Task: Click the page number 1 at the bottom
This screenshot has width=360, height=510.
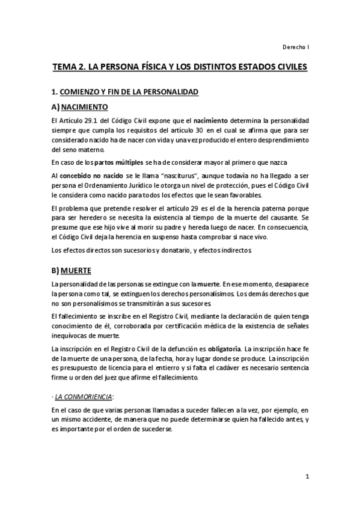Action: coord(307,477)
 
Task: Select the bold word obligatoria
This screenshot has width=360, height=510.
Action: coord(225,349)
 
